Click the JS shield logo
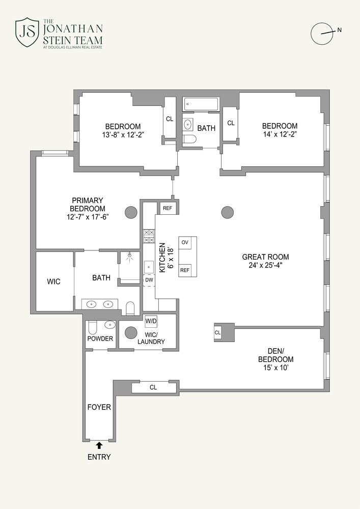(26, 31)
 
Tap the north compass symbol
(322, 33)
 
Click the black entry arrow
(99, 445)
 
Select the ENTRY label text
(99, 457)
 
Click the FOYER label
(99, 407)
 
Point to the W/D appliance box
(151, 321)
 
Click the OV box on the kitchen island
(185, 242)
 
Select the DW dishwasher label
(149, 280)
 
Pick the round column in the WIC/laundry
(131, 332)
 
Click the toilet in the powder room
(93, 327)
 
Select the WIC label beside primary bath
(53, 281)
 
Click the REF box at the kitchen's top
(167, 208)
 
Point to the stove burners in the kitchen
(149, 236)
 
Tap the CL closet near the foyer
(153, 387)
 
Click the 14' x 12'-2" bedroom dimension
(280, 135)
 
